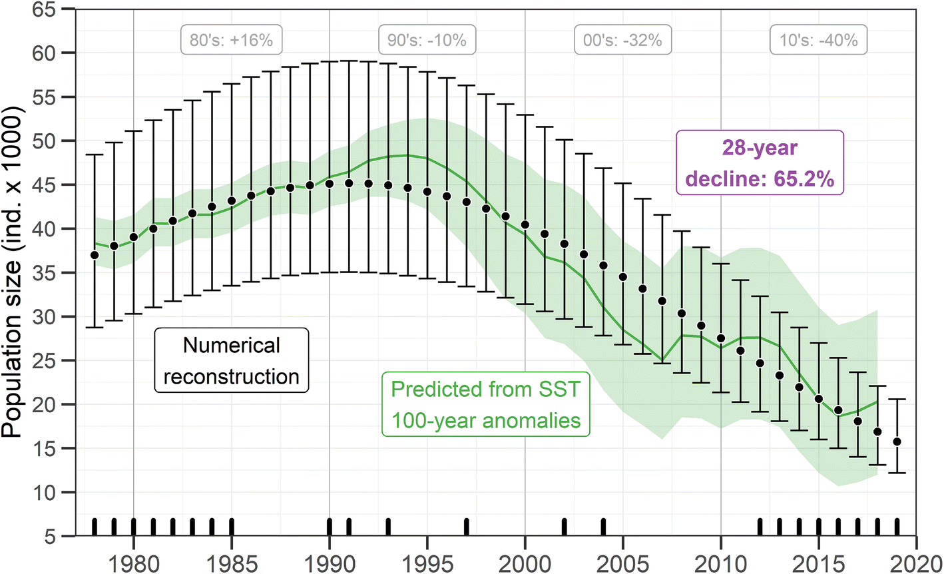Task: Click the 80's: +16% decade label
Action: [231, 41]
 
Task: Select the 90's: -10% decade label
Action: [427, 41]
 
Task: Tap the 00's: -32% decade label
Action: [622, 41]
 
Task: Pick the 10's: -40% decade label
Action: [819, 41]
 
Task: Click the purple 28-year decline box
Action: [760, 163]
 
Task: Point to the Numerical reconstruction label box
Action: [231, 360]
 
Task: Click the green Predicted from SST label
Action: [485, 404]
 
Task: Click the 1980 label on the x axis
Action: [133, 563]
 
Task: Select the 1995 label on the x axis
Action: [427, 563]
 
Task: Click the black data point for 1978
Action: [95, 255]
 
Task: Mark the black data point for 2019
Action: [897, 441]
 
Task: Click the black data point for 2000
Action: [525, 225]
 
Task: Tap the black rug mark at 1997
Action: [466, 527]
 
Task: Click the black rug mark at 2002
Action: [564, 527]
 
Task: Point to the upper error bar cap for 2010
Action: [721, 264]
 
